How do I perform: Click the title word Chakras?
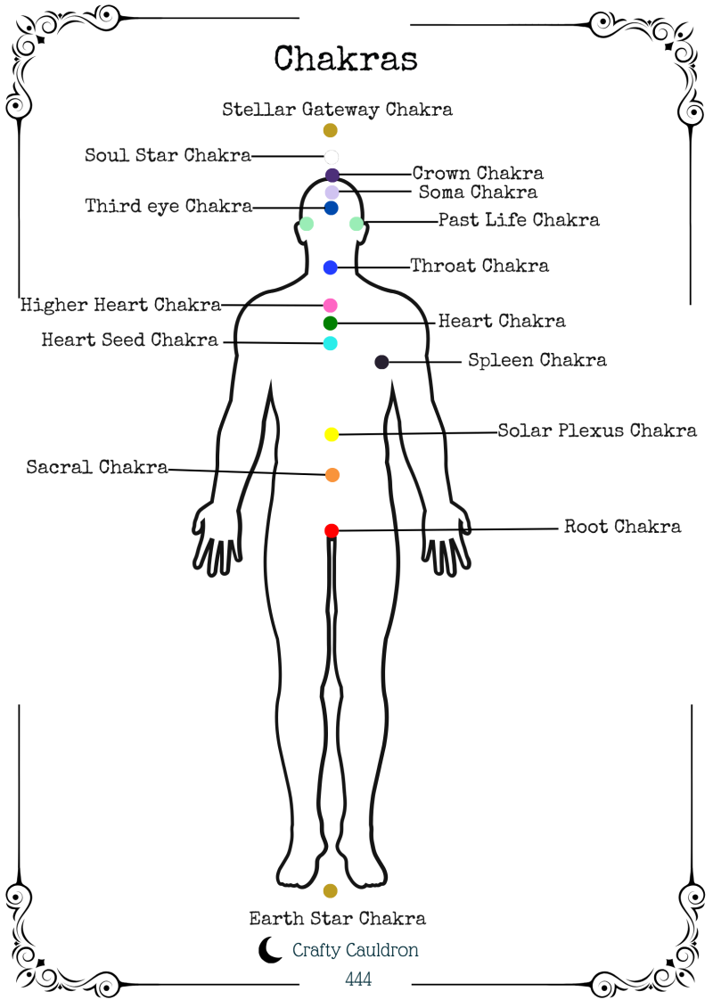click(x=346, y=59)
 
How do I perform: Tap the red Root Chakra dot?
click(x=332, y=531)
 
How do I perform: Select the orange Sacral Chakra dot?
click(x=332, y=475)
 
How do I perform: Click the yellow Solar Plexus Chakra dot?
click(x=332, y=434)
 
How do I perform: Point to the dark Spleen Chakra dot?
click(x=381, y=362)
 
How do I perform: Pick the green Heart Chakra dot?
click(x=331, y=323)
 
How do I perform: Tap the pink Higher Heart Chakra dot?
click(x=331, y=305)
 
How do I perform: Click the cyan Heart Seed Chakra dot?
click(x=331, y=343)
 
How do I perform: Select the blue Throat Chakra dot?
click(x=331, y=267)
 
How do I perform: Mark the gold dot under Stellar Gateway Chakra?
click(x=331, y=130)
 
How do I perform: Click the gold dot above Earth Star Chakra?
click(x=331, y=890)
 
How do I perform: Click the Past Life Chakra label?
click(x=519, y=220)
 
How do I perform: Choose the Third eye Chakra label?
click(x=168, y=207)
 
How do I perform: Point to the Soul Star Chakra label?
click(x=168, y=155)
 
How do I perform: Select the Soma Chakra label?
click(x=478, y=193)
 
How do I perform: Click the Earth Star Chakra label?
click(x=337, y=918)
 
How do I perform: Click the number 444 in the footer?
click(x=358, y=979)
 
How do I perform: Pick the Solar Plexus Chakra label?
click(x=597, y=431)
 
